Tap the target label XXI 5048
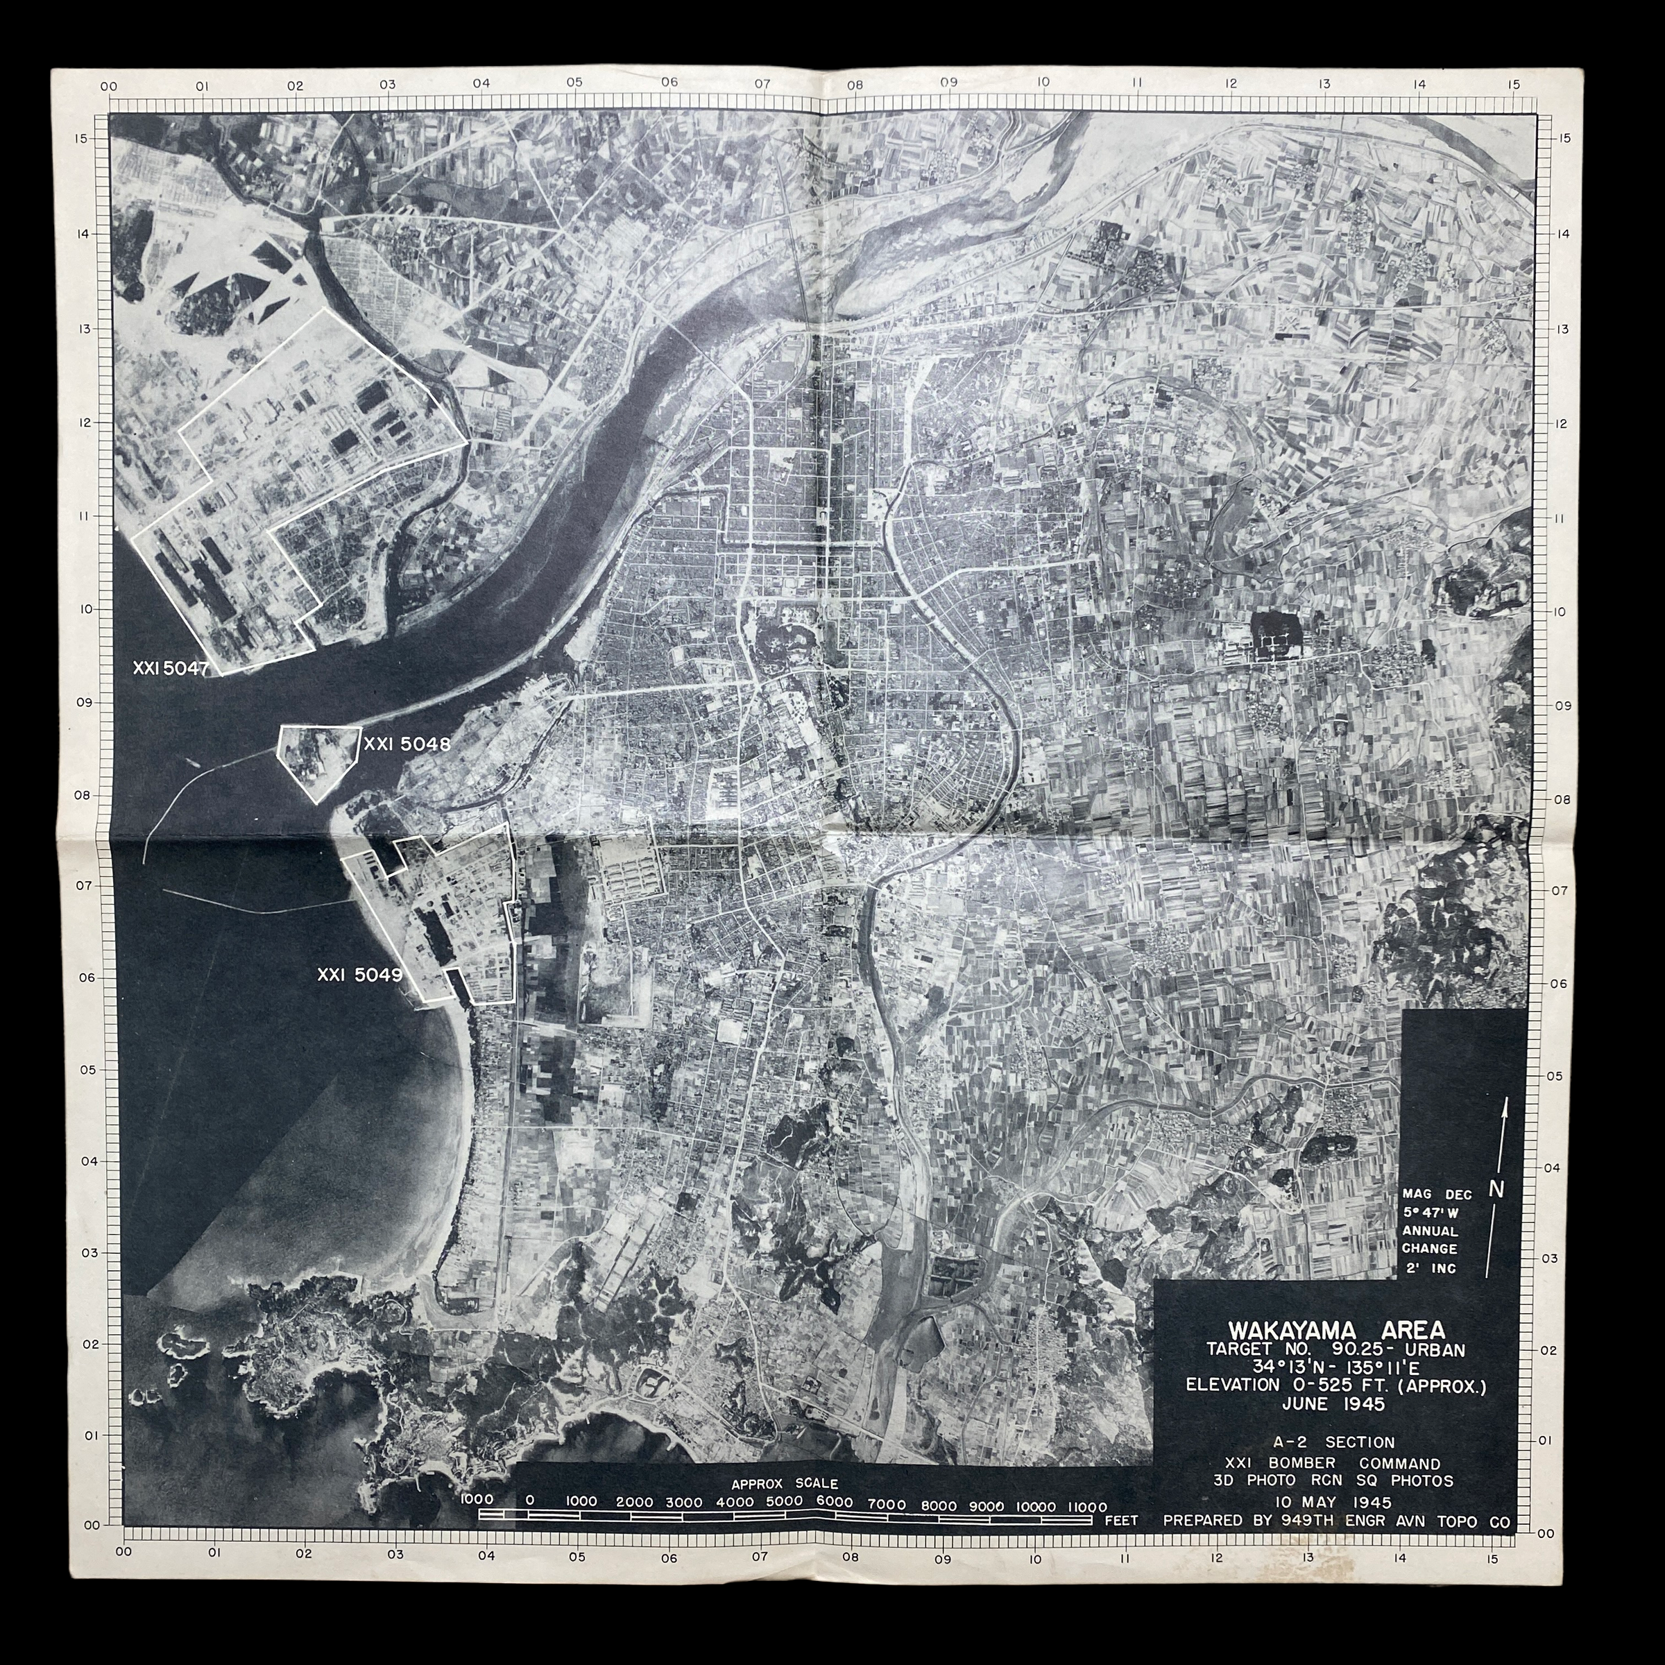coord(407,744)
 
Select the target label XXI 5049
coord(359,975)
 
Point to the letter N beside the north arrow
coord(1496,1188)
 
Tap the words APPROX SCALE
coord(784,1483)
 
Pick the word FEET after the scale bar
coord(1121,1521)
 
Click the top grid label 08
coord(854,85)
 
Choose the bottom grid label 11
coord(1124,1557)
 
